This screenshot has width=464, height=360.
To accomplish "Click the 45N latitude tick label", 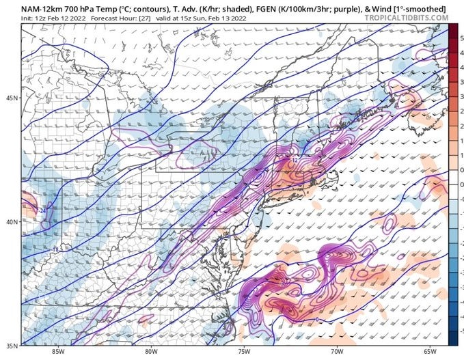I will pyautogui.click(x=10, y=98).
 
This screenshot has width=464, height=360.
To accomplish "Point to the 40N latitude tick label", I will pyautogui.click(x=10, y=221).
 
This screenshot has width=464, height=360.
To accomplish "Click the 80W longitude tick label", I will pyautogui.click(x=152, y=352).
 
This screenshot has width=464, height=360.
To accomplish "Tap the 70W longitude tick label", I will pyautogui.click(x=336, y=352).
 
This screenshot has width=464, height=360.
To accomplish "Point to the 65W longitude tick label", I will pyautogui.click(x=428, y=352).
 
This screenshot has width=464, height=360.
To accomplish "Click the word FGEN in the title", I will pyautogui.click(x=264, y=8).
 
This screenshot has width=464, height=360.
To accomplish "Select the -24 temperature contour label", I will pyautogui.click(x=42, y=211).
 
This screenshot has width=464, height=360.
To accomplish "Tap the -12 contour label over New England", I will pyautogui.click(x=294, y=160).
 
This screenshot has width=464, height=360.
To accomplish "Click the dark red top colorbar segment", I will pyautogui.click(x=452, y=30).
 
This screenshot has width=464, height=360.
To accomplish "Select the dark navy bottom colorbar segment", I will pyautogui.click(x=452, y=339).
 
